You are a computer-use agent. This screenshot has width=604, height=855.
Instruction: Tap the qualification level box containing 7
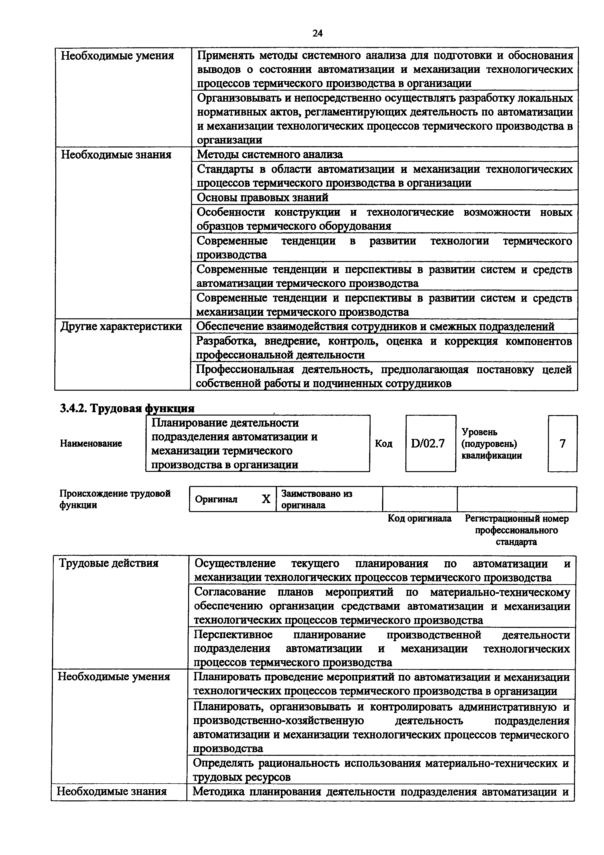(562, 444)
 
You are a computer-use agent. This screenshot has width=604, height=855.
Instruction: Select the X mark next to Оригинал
(266, 499)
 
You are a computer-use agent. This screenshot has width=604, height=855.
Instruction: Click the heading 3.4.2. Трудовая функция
(127, 408)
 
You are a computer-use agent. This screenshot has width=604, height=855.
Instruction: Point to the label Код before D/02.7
(383, 444)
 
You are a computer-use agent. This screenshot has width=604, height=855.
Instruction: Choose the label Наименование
(91, 444)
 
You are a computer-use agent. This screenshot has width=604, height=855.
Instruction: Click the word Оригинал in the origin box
(216, 499)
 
